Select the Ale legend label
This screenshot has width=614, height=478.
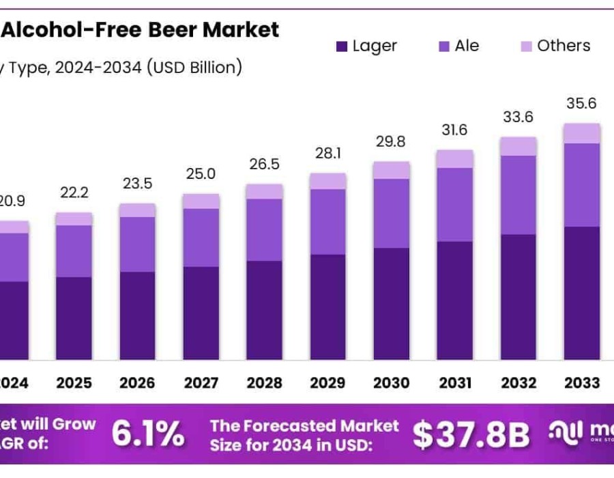[x=467, y=46]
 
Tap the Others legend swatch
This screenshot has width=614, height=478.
[x=527, y=47]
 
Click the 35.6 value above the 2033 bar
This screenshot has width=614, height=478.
[x=581, y=104]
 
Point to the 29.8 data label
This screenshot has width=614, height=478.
[x=392, y=141]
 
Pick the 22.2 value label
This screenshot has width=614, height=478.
[x=74, y=193]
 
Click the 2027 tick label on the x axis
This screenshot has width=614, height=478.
[x=201, y=382]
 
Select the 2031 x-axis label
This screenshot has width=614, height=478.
[x=455, y=382]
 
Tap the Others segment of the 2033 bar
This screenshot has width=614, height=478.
[x=582, y=133]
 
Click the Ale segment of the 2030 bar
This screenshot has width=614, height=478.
[x=392, y=213]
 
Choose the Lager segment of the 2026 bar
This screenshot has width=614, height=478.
[x=137, y=315]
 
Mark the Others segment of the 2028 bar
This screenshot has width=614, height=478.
[x=264, y=191]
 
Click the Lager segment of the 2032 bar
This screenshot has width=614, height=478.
[x=518, y=297]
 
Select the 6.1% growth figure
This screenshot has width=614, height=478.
[x=147, y=433]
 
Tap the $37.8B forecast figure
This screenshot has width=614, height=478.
[x=471, y=434]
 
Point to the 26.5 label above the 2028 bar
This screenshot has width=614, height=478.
[x=264, y=164]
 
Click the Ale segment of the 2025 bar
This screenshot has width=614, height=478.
[x=74, y=251]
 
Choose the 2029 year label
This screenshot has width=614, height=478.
[x=327, y=382]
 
